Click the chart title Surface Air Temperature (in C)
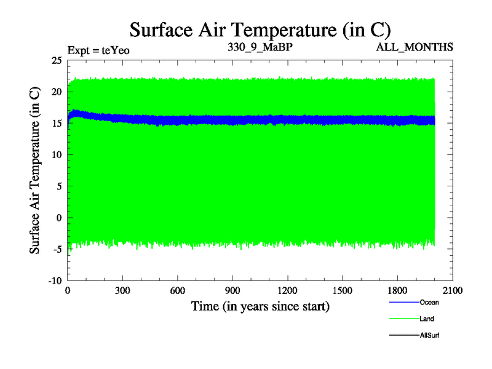pyautogui.click(x=260, y=30)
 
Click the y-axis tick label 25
pyautogui.click(x=57, y=60)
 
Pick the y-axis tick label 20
pyautogui.click(x=57, y=92)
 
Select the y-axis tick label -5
pyautogui.click(x=57, y=249)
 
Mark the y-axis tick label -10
pyautogui.click(x=55, y=280)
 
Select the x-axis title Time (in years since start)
pyautogui.click(x=260, y=306)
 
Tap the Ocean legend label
pyautogui.click(x=429, y=302)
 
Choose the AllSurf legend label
pyautogui.click(x=430, y=336)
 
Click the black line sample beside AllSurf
pyautogui.click(x=403, y=336)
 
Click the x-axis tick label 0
pyautogui.click(x=68, y=291)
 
